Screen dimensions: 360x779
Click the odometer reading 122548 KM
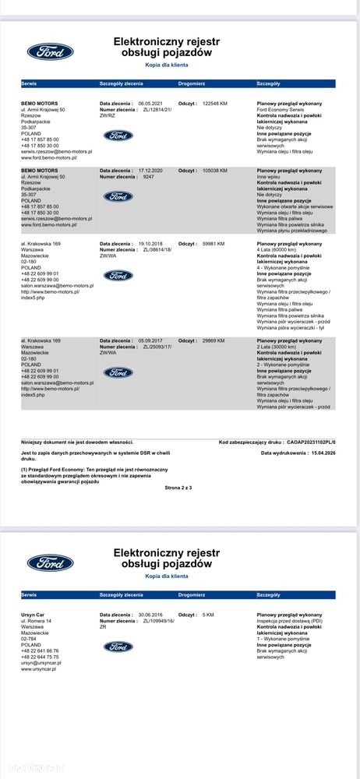pyautogui.click(x=214, y=103)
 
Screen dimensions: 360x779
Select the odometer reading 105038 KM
pyautogui.click(x=214, y=170)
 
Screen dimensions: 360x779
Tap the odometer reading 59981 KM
pyautogui.click(x=213, y=243)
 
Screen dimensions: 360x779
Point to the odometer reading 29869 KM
pyautogui.click(x=213, y=340)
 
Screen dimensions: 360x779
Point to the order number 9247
pyautogui.click(x=149, y=177)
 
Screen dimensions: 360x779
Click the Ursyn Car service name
pyautogui.click(x=33, y=615)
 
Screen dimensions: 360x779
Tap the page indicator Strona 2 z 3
pyautogui.click(x=178, y=487)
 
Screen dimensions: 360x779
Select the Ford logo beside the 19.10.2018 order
pyautogui.click(x=118, y=275)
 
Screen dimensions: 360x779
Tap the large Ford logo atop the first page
pyautogui.click(x=51, y=51)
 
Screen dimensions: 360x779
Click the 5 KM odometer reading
pyautogui.click(x=208, y=615)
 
